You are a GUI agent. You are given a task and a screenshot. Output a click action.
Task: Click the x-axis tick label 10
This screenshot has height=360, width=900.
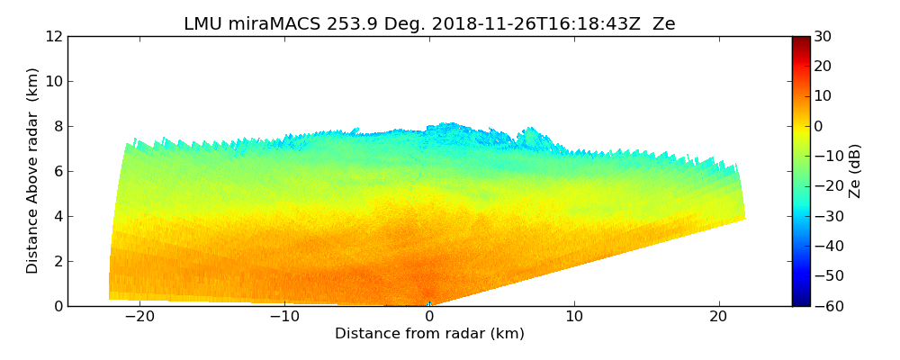[574, 317]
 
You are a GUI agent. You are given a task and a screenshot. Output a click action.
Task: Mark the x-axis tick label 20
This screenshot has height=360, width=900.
[718, 317]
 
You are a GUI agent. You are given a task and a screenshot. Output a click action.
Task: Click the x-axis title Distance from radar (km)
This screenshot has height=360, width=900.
[429, 334]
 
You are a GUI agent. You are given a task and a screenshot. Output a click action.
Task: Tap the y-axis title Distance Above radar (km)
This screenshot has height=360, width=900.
[33, 171]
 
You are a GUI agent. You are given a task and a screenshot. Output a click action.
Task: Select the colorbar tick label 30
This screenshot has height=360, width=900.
[823, 37]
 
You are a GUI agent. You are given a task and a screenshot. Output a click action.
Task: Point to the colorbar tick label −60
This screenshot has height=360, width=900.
[826, 306]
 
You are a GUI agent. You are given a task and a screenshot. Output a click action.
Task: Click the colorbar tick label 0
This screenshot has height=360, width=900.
[819, 127]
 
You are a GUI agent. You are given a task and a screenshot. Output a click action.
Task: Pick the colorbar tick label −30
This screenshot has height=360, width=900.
[826, 216]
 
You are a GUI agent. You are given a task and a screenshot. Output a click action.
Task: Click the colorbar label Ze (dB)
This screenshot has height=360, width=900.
[855, 171]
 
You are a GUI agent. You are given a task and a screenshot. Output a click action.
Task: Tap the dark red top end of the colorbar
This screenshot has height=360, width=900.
[801, 40]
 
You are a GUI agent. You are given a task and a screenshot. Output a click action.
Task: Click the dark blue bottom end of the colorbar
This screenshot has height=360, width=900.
[801, 302]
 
